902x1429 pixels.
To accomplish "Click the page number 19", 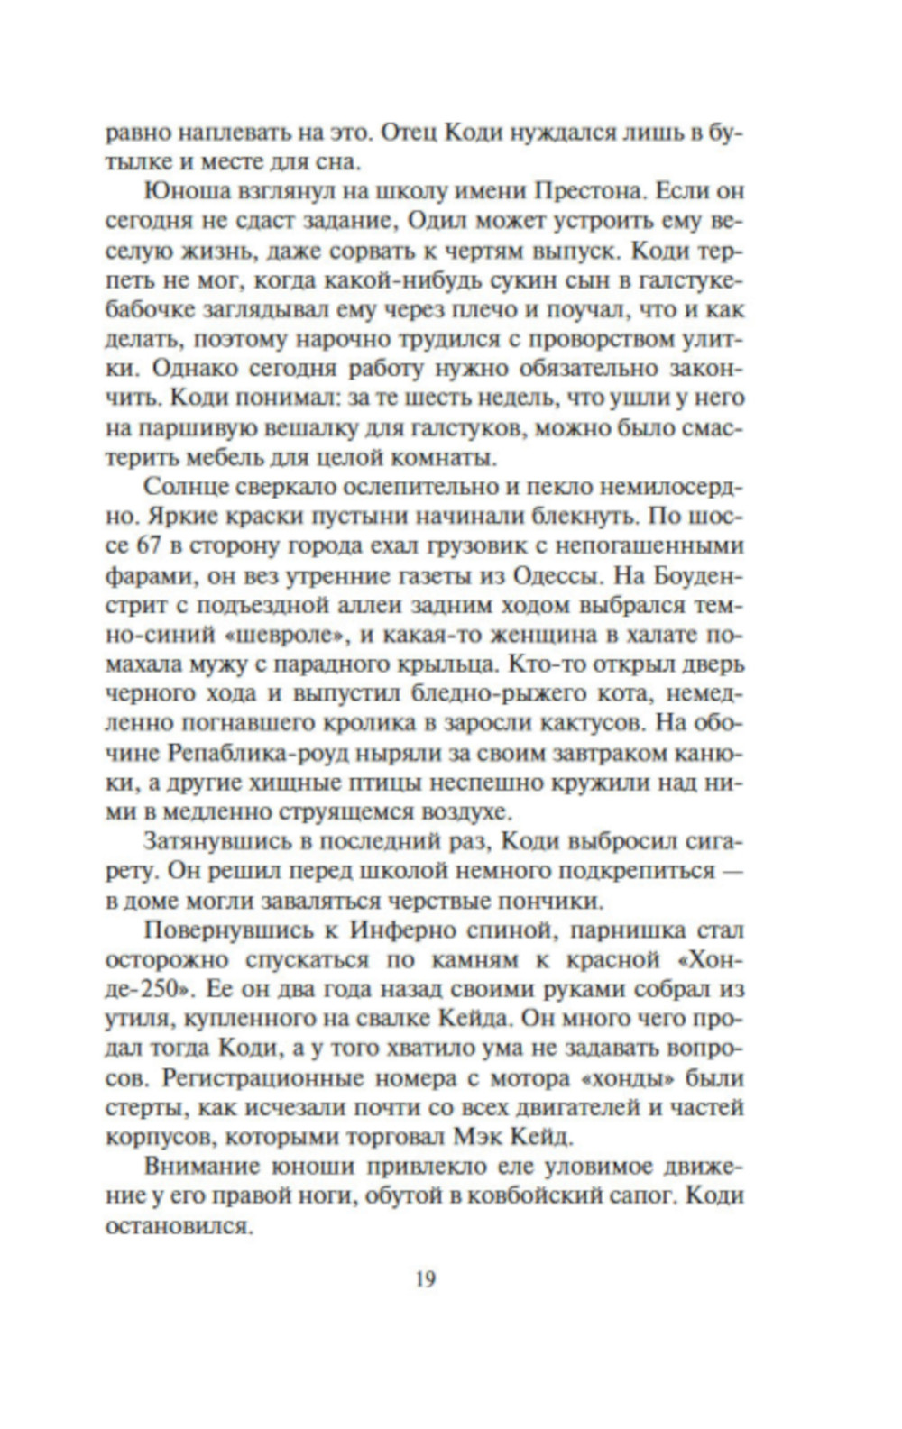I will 426,1278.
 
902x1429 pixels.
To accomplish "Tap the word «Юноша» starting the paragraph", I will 181,191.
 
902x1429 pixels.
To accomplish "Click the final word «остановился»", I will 177,1224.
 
